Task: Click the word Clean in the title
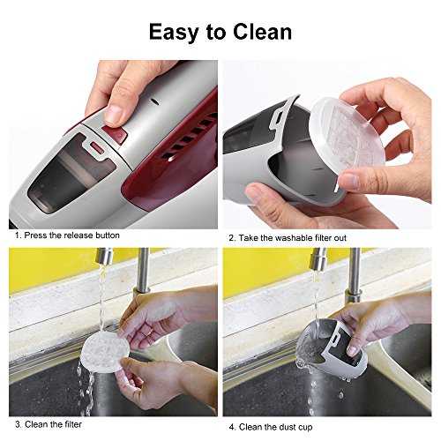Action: (262, 32)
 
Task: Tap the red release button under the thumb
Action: (116, 134)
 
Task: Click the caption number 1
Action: (19, 235)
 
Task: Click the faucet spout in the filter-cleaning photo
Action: (104, 256)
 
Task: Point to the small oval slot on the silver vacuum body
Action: (155, 101)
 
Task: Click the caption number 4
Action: (232, 427)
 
